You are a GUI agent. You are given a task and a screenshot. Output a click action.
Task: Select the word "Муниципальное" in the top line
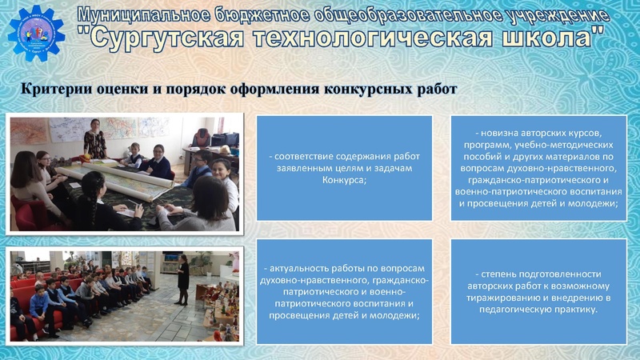pyautogui.click(x=132, y=14)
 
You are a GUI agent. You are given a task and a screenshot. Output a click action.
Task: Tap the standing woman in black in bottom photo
pyautogui.click(x=183, y=277)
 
